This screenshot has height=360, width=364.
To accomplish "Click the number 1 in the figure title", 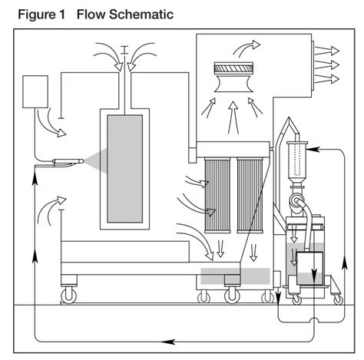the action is click(x=61, y=14).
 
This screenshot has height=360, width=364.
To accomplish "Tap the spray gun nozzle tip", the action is click(x=82, y=161).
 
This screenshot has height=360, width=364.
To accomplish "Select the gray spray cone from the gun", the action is click(x=97, y=161).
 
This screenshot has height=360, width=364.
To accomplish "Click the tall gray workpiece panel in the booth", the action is click(x=125, y=169).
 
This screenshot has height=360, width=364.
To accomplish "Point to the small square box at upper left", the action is click(x=35, y=91).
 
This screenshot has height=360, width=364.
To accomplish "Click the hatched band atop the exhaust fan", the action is click(x=233, y=68).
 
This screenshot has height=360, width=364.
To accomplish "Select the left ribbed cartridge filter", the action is click(x=217, y=196).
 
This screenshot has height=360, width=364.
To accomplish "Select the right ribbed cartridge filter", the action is click(x=250, y=196).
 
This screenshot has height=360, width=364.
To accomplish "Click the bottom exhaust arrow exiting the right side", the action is click(x=327, y=78).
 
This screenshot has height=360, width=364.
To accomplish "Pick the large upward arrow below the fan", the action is click(x=233, y=117).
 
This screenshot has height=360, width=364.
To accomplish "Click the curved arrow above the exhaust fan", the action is click(x=246, y=48).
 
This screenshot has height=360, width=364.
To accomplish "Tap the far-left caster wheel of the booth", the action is click(x=69, y=295).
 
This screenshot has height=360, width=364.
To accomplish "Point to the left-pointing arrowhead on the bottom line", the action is click(x=168, y=342).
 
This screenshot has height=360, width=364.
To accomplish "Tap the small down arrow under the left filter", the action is click(x=220, y=249).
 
